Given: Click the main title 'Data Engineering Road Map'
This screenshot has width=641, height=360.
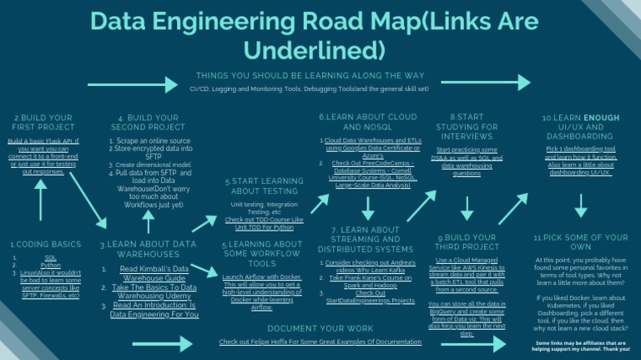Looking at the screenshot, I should (320, 35).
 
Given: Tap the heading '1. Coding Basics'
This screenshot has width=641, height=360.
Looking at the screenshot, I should (45, 245).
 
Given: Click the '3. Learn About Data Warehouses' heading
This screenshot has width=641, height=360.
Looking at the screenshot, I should (148, 249).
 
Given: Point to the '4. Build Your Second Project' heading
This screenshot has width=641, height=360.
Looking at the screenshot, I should (149, 123).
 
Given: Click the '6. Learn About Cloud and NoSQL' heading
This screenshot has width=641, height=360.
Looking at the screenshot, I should (368, 122).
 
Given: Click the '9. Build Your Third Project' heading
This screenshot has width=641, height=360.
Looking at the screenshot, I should (468, 242).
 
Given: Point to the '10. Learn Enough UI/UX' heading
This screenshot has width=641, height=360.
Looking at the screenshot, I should (579, 127).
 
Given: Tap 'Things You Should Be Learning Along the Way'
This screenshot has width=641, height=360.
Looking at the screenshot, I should (310, 75).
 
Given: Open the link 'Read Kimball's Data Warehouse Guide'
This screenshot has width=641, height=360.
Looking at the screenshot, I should (152, 273).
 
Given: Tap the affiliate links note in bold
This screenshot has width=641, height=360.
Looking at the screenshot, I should (581, 346).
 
